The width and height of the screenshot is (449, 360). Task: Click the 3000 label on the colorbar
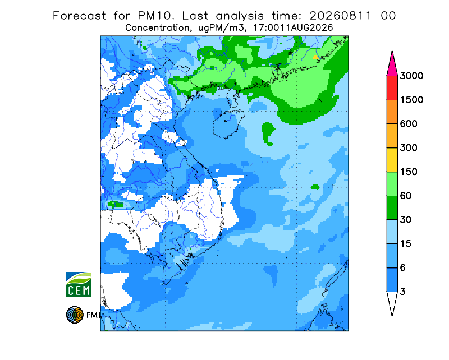411,76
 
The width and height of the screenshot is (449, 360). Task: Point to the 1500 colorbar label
411,100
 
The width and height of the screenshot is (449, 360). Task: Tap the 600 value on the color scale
409,124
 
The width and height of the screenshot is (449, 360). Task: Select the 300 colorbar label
409,148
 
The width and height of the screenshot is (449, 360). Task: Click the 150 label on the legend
409,172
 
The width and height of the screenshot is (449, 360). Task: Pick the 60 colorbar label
406,196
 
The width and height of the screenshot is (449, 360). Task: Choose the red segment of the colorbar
392,88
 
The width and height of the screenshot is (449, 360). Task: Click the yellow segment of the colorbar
392,160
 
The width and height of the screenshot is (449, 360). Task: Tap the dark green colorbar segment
392,208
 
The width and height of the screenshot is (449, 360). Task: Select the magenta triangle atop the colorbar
392,66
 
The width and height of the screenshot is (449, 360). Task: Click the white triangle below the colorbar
392,302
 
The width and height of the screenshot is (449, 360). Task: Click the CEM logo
79,284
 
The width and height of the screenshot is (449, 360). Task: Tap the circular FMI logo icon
75,315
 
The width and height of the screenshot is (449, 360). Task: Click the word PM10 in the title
156,16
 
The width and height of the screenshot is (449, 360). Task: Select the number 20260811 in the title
341,16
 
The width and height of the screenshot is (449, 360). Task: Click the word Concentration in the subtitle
157,28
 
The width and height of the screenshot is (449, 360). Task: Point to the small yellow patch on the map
315,57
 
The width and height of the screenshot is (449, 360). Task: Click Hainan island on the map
228,123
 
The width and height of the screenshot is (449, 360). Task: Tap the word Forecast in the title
79,16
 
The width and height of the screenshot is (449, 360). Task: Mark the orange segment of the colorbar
392,112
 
